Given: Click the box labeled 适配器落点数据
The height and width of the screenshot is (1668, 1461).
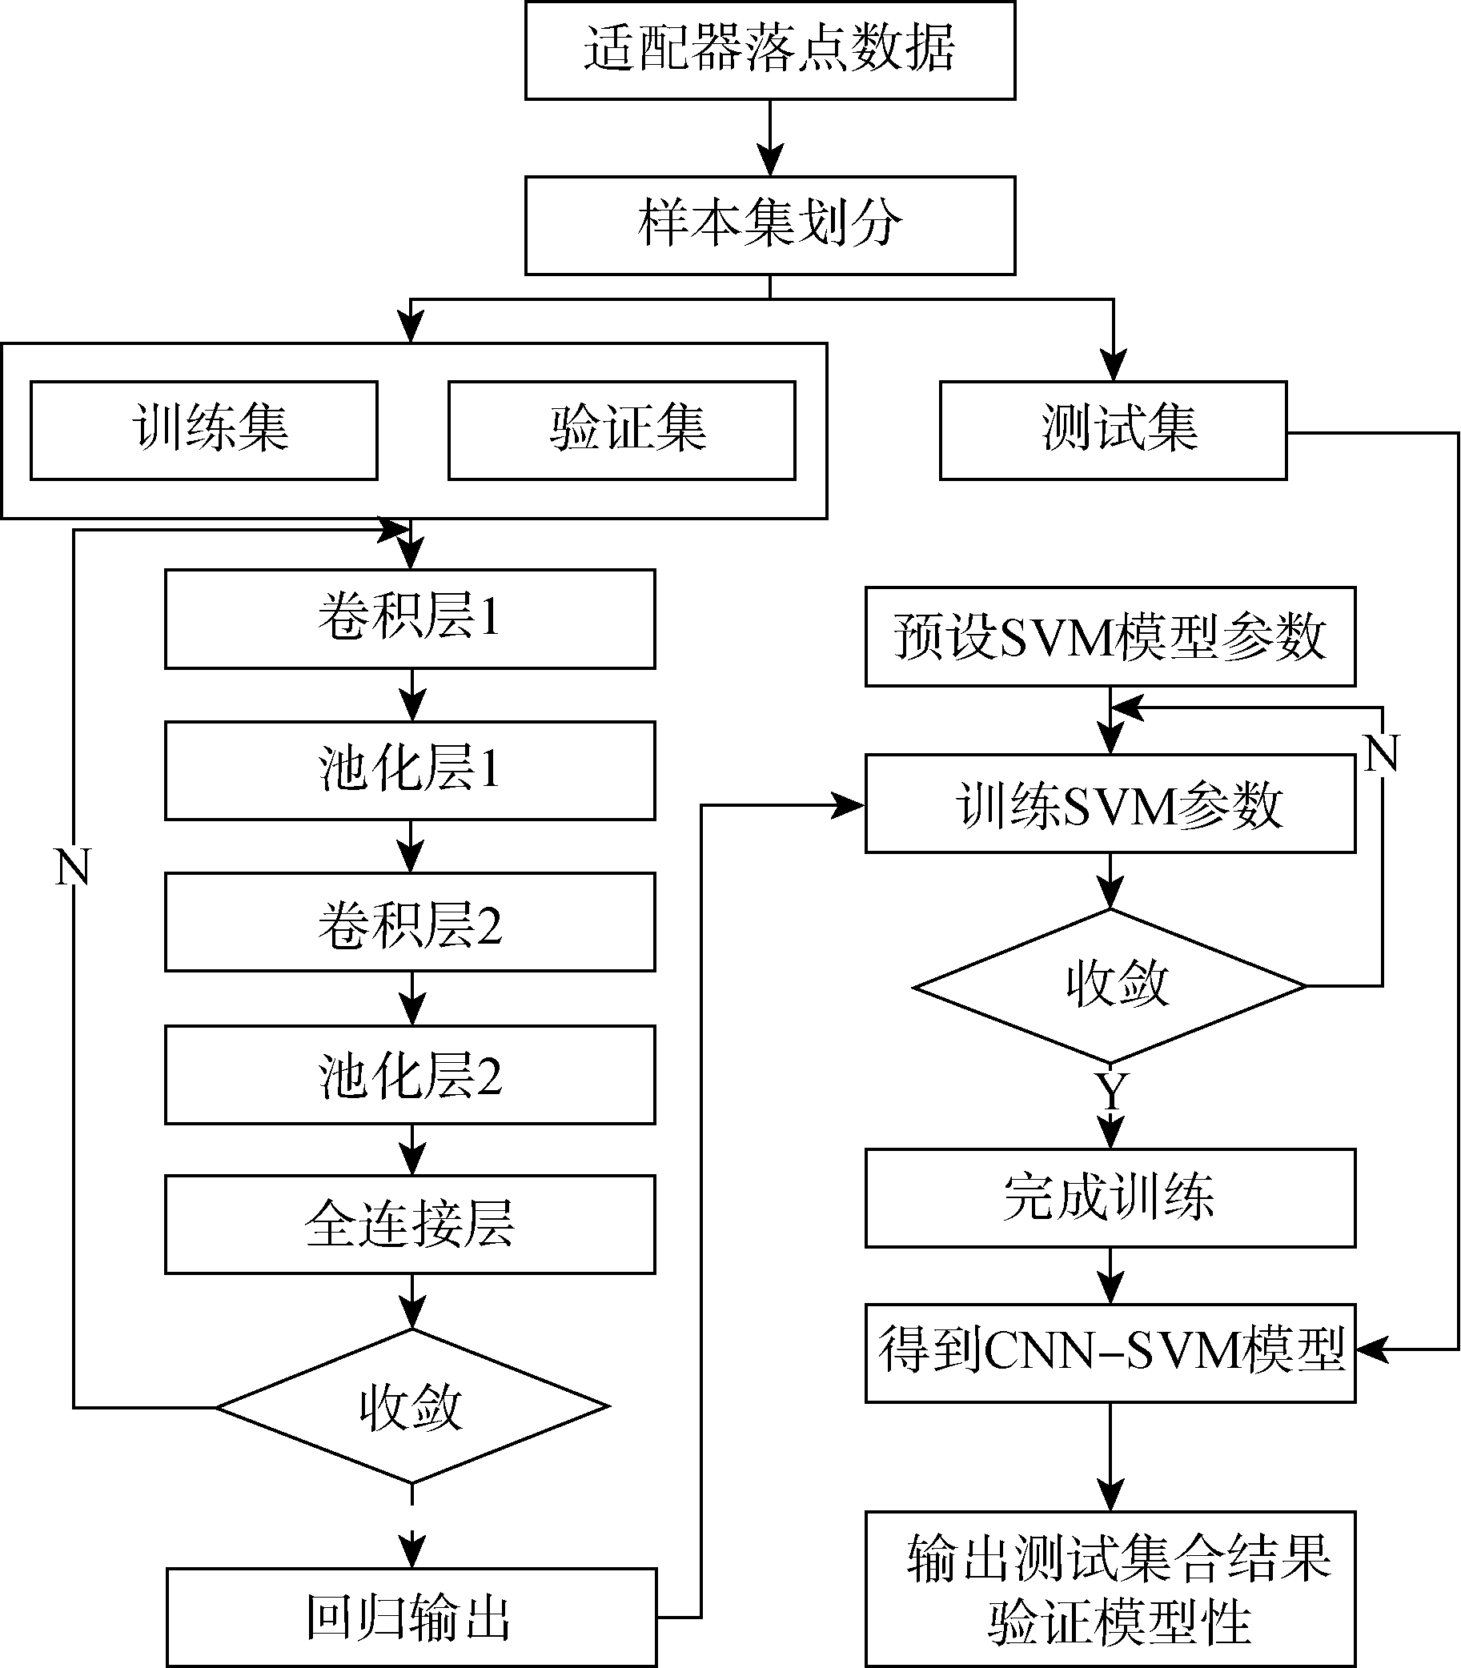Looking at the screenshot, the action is (x=769, y=50).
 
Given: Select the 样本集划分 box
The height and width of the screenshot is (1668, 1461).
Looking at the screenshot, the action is (x=769, y=226).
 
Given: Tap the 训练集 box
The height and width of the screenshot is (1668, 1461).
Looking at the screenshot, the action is (x=204, y=431).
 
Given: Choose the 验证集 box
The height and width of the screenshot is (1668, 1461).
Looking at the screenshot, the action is (x=621, y=431).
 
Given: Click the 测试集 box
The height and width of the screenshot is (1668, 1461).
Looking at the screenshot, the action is (x=1113, y=431).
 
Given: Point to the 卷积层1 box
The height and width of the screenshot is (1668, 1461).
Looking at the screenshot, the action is (x=410, y=619).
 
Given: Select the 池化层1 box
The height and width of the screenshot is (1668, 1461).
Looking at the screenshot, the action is (x=410, y=771).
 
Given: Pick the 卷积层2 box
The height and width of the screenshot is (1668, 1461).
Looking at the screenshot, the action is (x=410, y=922).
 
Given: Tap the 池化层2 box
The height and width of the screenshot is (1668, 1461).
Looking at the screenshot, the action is (x=410, y=1074).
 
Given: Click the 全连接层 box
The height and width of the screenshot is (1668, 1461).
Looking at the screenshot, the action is (x=410, y=1225).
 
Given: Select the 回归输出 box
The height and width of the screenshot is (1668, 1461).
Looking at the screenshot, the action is (x=411, y=1618).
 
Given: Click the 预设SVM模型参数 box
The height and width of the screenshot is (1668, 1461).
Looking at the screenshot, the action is (x=1110, y=637).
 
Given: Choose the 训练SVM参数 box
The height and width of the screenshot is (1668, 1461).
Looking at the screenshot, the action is (x=1110, y=804).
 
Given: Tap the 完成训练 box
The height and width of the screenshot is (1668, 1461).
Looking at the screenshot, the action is (x=1110, y=1198).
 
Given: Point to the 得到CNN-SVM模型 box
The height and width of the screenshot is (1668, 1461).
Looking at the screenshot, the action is (x=1110, y=1353).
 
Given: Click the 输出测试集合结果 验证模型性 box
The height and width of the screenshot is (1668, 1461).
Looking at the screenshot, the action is (x=1110, y=1590).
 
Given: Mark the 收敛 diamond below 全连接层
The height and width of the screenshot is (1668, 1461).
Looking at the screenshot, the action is (x=412, y=1406).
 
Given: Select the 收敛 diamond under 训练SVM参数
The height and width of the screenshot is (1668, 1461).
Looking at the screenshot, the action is (x=1110, y=986).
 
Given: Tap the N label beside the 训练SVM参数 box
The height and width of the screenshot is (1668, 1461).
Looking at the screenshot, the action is (x=1382, y=753).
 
